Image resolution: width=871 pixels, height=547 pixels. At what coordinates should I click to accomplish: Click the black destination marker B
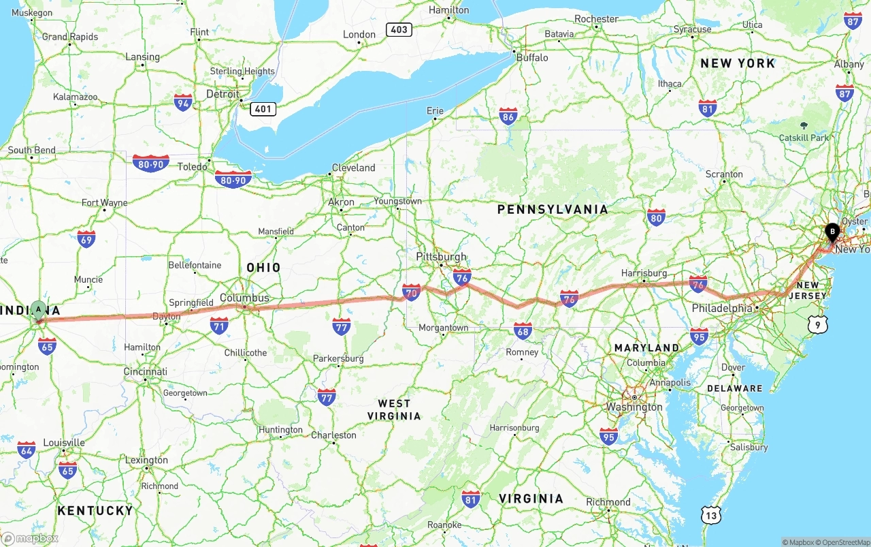tap(832, 232)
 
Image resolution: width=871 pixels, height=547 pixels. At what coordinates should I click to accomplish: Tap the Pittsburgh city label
tap(442, 257)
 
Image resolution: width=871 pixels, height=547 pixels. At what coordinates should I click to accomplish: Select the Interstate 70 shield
tap(411, 293)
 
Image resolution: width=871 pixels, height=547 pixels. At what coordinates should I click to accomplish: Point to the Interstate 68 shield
tap(523, 331)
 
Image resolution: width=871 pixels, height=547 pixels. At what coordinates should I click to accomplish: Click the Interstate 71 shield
tap(218, 326)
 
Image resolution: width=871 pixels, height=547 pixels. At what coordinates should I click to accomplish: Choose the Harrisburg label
tap(644, 273)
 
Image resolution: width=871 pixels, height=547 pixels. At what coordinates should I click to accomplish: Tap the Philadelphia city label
tap(721, 309)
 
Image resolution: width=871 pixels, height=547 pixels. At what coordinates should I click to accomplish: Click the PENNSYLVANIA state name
tap(553, 209)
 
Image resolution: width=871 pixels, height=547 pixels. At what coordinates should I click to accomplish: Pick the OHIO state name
tap(263, 268)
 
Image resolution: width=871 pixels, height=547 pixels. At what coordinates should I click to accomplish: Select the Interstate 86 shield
tap(508, 116)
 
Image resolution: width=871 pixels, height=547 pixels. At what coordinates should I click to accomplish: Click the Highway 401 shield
tap(263, 109)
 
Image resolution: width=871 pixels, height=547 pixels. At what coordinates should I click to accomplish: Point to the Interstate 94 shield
tap(182, 103)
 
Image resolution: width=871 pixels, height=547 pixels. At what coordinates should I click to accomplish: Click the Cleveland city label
tap(353, 168)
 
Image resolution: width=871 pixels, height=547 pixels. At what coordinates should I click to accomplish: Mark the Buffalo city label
tap(532, 58)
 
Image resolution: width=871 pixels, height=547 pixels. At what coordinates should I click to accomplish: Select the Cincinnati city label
tap(145, 372)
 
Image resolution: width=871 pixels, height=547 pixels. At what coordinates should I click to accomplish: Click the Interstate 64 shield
tap(27, 450)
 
